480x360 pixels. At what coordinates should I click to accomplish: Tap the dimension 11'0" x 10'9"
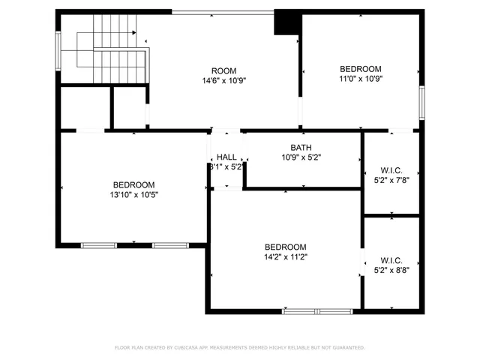pyautogui.click(x=360, y=78)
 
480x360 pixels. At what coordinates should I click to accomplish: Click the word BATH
pyautogui.click(x=301, y=148)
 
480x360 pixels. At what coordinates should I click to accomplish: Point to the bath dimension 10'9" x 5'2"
pyautogui.click(x=301, y=157)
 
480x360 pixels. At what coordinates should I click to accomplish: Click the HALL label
pyautogui.click(x=226, y=157)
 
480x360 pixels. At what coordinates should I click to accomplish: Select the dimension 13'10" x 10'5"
pyautogui.click(x=134, y=194)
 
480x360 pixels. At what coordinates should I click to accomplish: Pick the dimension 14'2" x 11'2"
pyautogui.click(x=285, y=256)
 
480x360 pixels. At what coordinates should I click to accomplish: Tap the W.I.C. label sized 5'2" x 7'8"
pyautogui.click(x=391, y=170)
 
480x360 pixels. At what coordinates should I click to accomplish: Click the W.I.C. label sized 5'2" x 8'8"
pyautogui.click(x=391, y=260)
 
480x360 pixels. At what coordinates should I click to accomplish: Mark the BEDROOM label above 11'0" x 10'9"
pyautogui.click(x=360, y=68)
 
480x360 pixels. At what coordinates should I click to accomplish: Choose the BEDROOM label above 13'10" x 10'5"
pyautogui.click(x=134, y=184)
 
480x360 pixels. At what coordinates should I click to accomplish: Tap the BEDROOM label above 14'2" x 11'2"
pyautogui.click(x=285, y=247)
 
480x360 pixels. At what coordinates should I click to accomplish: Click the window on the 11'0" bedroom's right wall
pyautogui.click(x=422, y=102)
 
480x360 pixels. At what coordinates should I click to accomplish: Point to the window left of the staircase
pyautogui.click(x=58, y=50)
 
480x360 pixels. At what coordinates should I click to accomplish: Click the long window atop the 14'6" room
pyautogui.click(x=223, y=11)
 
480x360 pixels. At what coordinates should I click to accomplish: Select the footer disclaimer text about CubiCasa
pyautogui.click(x=239, y=347)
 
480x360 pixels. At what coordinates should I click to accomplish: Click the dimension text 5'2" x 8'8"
pyautogui.click(x=391, y=270)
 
